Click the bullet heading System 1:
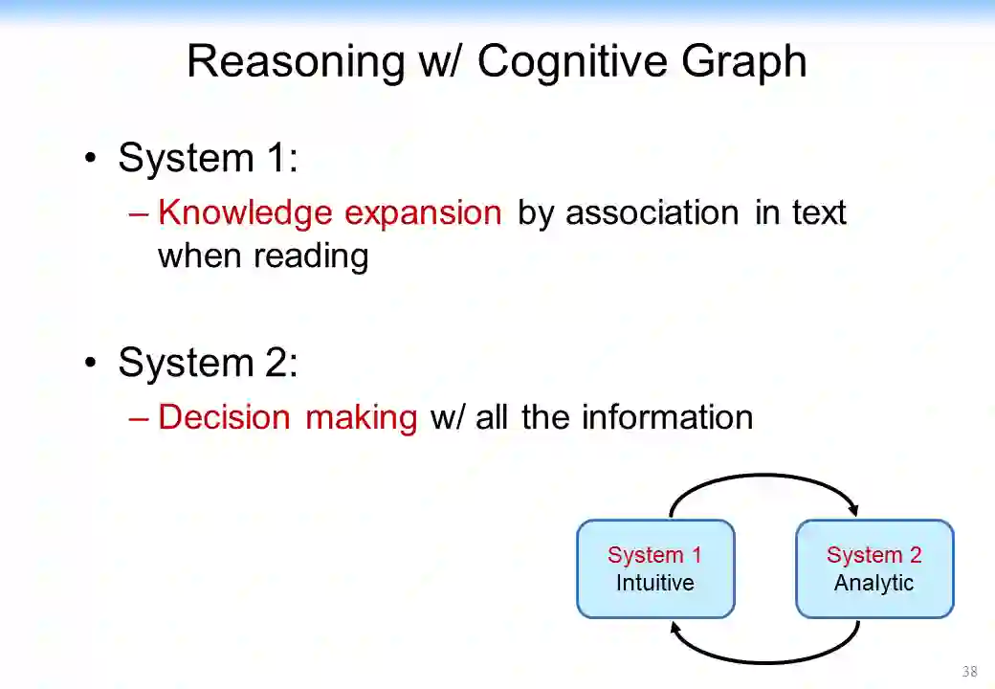208,158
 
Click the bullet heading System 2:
208,363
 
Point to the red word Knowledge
245,212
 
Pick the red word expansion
423,212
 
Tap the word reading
310,256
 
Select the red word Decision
224,417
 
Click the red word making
361,417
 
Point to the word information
667,417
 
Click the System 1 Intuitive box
655,568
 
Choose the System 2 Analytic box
874,568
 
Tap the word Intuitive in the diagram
655,583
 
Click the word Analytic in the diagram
873,583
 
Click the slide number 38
969,671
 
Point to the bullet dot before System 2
91,363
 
